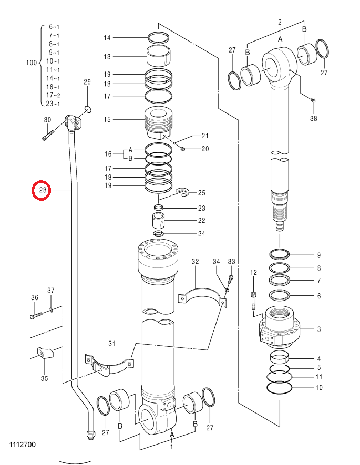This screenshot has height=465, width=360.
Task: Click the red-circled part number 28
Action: [43, 190]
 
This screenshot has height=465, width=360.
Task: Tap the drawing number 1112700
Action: [23, 444]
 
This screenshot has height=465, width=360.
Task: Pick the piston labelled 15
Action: [159, 122]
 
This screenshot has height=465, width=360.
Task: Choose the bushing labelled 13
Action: [159, 56]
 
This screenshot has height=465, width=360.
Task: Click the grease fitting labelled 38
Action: [313, 100]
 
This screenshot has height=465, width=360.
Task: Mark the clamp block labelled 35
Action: [45, 352]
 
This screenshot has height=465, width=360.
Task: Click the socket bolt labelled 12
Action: [253, 301]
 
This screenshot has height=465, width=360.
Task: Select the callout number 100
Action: [32, 63]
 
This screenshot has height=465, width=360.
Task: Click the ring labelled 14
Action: [159, 37]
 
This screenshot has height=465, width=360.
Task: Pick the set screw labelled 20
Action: [183, 149]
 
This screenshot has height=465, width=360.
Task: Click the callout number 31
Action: [112, 344]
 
